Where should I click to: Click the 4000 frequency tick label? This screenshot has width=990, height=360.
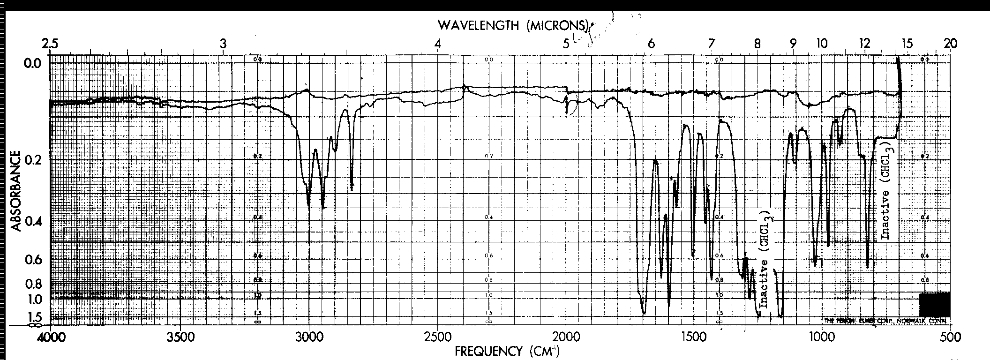(50, 337)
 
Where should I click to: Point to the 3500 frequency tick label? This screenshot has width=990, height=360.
(180, 337)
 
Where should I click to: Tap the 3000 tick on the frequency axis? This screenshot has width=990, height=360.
(308, 337)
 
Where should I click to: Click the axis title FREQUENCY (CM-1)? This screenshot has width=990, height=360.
(507, 351)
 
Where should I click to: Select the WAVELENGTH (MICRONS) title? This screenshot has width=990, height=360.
(513, 25)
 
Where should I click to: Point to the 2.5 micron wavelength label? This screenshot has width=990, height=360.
(50, 44)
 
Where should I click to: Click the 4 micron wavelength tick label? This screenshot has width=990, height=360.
(437, 44)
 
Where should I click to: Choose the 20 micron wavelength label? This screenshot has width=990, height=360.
(950, 44)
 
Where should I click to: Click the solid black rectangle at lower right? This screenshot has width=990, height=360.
(934, 305)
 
